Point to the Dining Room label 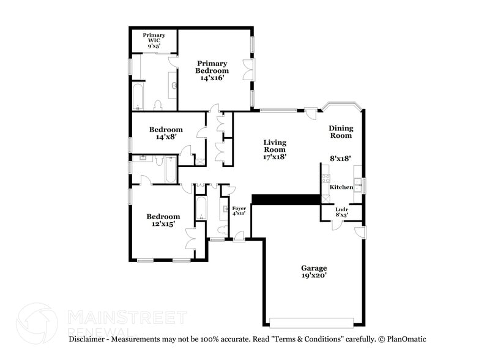pyautogui.click(x=341, y=132)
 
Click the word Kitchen pyautogui.click(x=343, y=187)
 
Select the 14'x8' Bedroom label pyautogui.click(x=166, y=133)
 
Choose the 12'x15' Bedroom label pyautogui.click(x=163, y=220)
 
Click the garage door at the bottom pyautogui.click(x=311, y=323)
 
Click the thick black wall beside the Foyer pyautogui.click(x=286, y=200)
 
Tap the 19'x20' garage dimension pyautogui.click(x=313, y=276)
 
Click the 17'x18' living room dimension pyautogui.click(x=275, y=157)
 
